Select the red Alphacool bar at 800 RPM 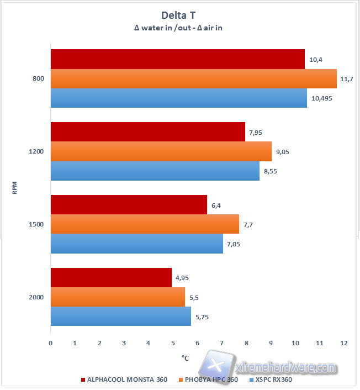[177, 60]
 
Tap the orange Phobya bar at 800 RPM [193, 78]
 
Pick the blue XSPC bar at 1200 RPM [155, 171]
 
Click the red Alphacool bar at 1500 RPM [129, 205]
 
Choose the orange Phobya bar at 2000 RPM [118, 297]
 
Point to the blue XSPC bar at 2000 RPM [120, 316]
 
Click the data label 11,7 [347, 79]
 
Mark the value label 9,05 [283, 152]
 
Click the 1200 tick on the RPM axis [37, 152]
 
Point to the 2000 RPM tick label [37, 297]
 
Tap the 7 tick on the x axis [221, 343]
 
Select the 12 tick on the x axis [343, 343]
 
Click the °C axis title [185, 357]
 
